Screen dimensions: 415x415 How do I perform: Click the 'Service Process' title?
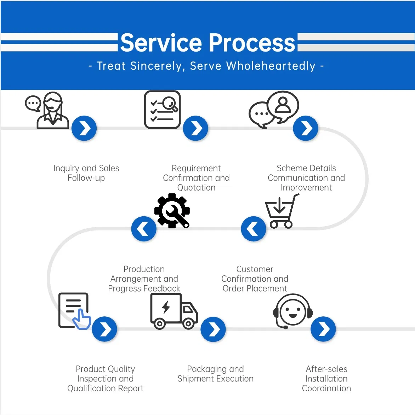[207, 43]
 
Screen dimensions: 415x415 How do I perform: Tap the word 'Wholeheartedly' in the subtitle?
[271, 66]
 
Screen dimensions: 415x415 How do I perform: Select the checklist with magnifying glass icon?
[162, 110]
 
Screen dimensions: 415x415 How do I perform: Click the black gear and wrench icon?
[172, 211]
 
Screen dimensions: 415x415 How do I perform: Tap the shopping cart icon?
[281, 212]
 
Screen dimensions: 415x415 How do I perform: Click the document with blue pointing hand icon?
[74, 311]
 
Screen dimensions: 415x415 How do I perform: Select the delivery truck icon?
[174, 311]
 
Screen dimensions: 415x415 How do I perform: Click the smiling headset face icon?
[293, 311]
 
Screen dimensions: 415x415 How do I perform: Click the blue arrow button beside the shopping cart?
[253, 229]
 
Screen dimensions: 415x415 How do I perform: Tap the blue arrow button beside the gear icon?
[143, 229]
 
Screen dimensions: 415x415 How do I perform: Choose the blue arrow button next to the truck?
[213, 329]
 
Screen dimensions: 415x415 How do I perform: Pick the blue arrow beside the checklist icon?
[195, 128]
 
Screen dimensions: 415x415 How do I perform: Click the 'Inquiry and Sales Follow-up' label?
[86, 173]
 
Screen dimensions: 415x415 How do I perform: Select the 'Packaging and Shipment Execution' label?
[215, 374]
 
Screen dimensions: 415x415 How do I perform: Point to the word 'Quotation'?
[196, 188]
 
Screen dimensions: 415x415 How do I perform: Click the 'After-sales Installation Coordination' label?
[326, 379]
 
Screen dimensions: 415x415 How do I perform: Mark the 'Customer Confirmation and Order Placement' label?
[255, 279]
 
